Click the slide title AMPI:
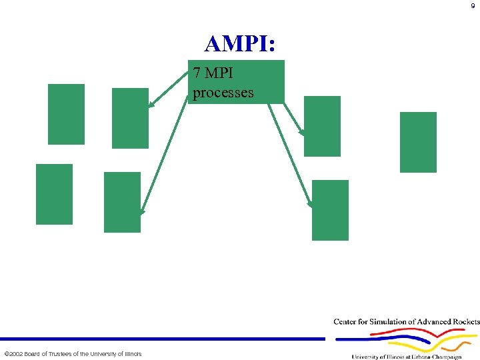coord(241,44)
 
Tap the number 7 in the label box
coord(196,72)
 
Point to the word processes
coord(223,92)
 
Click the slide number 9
coord(473,6)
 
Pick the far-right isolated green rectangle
coord(418,142)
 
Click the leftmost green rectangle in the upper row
coord(66,114)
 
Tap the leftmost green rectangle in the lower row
coord(54,194)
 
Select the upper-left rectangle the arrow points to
coord(130,118)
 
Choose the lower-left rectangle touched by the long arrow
coord(123,202)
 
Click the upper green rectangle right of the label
coord(322,126)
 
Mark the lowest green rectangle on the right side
coord(330,210)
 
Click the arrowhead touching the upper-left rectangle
coord(152,104)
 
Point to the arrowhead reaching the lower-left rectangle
coord(141,211)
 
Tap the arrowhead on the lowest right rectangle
coord(310,203)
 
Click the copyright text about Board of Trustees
coord(73,353)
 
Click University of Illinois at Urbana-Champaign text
coord(407,357)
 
